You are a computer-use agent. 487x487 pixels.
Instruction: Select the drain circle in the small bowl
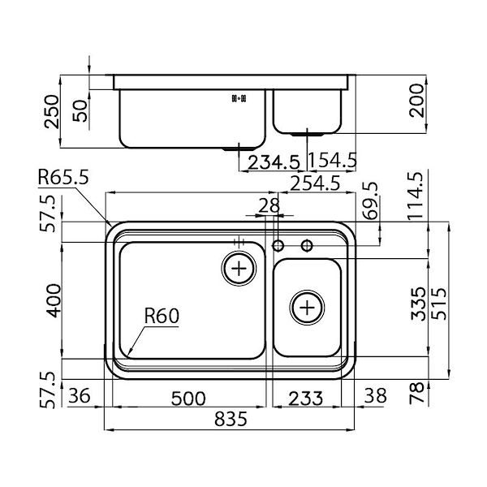point(307,308)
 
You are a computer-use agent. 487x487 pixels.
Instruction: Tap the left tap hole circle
point(278,245)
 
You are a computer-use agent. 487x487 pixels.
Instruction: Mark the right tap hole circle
point(307,245)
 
